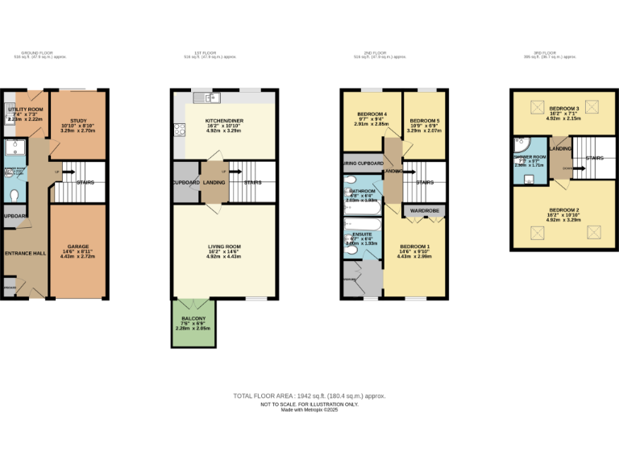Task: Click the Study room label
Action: coord(78,120)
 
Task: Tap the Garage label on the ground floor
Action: coord(78,246)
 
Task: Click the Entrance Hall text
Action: coord(25,253)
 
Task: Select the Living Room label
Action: coord(224,246)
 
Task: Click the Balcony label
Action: coord(193,318)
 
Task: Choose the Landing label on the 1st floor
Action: coord(214,182)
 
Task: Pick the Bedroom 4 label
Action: coord(371,114)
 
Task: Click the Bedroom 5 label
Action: coord(424,120)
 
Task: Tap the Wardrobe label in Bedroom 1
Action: coord(424,210)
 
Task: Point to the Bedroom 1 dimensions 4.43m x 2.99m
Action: coord(415,257)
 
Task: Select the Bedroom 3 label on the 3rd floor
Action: coord(564,108)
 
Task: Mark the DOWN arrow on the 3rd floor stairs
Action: coord(570,168)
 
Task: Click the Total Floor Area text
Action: coord(309,396)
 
